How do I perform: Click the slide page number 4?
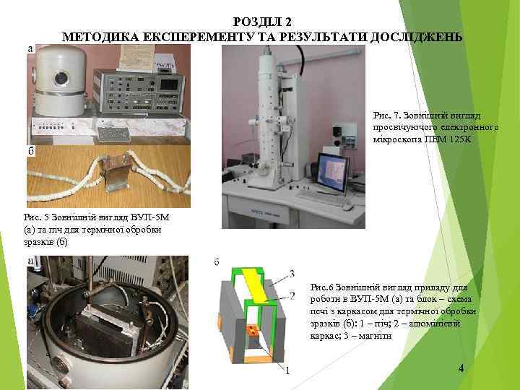[x=461, y=369]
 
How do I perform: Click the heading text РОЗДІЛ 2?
[x=263, y=22]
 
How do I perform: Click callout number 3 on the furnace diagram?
[x=292, y=273]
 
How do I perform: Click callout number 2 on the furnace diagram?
[x=292, y=295]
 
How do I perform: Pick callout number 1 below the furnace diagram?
[x=287, y=371]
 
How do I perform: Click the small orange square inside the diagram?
[x=253, y=332]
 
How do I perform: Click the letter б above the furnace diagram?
[x=216, y=261]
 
